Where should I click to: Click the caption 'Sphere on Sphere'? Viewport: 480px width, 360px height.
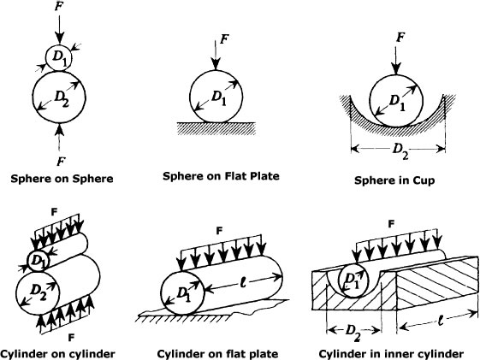pos(60,180)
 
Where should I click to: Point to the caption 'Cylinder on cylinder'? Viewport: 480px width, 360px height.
pos(56,352)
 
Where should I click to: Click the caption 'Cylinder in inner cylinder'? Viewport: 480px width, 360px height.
pos(391,352)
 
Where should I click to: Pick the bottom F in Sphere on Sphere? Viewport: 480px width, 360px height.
pos(59,160)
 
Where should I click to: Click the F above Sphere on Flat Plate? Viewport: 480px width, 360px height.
pos(224,39)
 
